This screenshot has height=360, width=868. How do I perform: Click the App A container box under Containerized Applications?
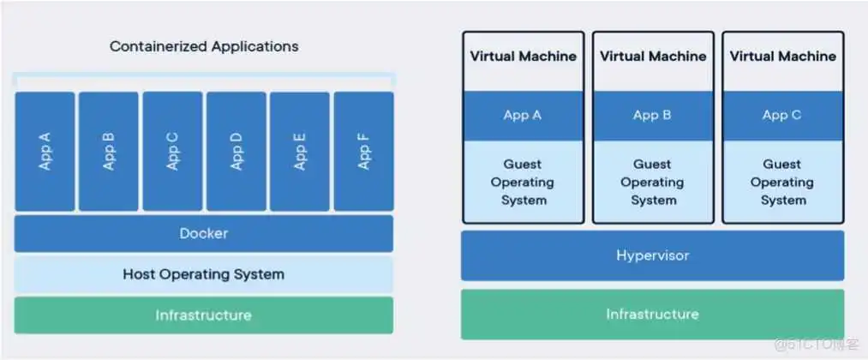point(45,151)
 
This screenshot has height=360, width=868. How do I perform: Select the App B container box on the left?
point(109,151)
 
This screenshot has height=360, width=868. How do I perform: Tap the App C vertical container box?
point(172,151)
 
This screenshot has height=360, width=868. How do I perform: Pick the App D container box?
point(236,151)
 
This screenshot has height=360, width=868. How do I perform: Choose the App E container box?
point(300,151)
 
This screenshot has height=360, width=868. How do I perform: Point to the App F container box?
point(363,151)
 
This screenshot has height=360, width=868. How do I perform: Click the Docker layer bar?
point(204,233)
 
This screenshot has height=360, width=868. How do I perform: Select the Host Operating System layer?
point(204,274)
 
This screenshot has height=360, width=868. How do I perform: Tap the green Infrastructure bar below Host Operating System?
point(204,315)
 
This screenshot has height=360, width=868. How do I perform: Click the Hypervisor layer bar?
point(652,255)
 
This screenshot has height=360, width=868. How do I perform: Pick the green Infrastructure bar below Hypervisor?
point(652,314)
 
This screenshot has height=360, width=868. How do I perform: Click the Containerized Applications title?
point(204,46)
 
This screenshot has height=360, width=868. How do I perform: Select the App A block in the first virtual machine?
point(523,115)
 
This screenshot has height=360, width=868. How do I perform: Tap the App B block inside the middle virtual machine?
point(652,115)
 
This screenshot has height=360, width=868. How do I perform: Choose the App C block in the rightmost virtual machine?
point(782,115)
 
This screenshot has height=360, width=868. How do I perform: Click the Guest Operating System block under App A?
point(523,182)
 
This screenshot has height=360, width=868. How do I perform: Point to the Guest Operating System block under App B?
point(652,182)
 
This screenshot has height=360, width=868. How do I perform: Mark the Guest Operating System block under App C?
point(782,182)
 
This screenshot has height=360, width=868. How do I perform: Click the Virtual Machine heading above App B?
point(652,57)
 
